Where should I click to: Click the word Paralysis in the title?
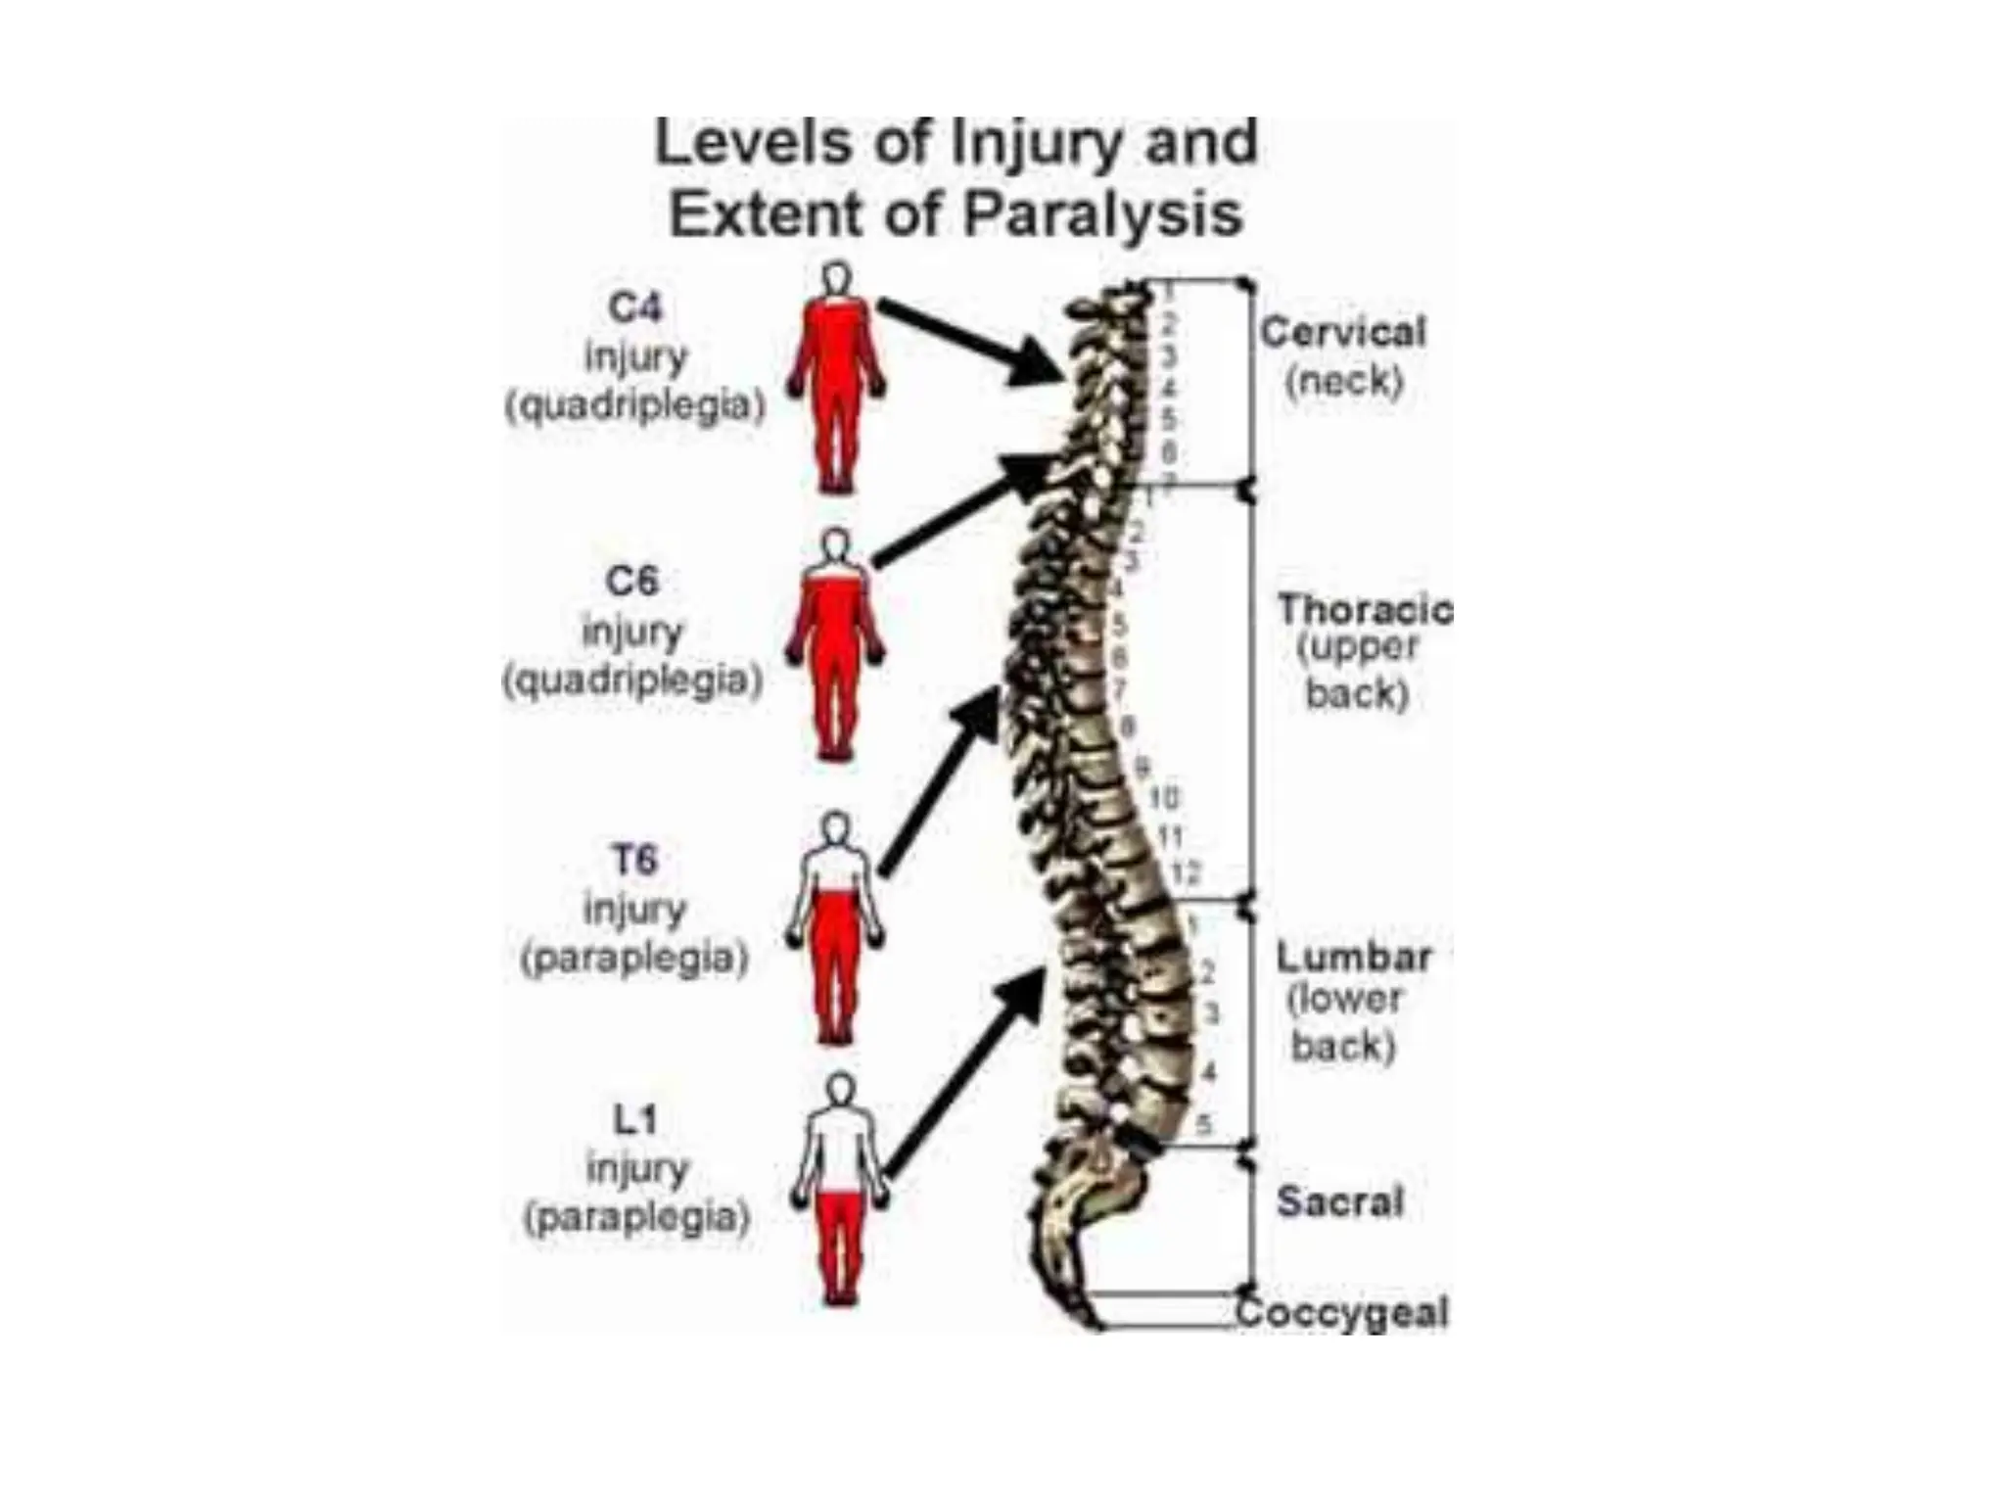[1102, 213]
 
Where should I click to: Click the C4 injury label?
[634, 308]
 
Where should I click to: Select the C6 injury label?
[632, 582]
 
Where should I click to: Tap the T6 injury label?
[634, 861]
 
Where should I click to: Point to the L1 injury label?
[634, 1119]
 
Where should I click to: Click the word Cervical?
[1342, 333]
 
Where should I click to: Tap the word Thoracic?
[1364, 610]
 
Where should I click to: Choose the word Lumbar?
[1353, 957]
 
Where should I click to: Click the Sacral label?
[1339, 1201]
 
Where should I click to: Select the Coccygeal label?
[1341, 1312]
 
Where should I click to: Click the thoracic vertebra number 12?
[1185, 871]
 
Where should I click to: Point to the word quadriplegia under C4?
[634, 404]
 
